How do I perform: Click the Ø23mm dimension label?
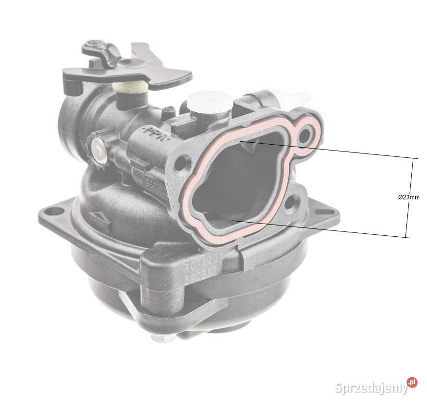pyautogui.click(x=408, y=197)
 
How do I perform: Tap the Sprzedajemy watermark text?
pyautogui.click(x=371, y=387)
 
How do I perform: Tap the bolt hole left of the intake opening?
pyautogui.click(x=181, y=162)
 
